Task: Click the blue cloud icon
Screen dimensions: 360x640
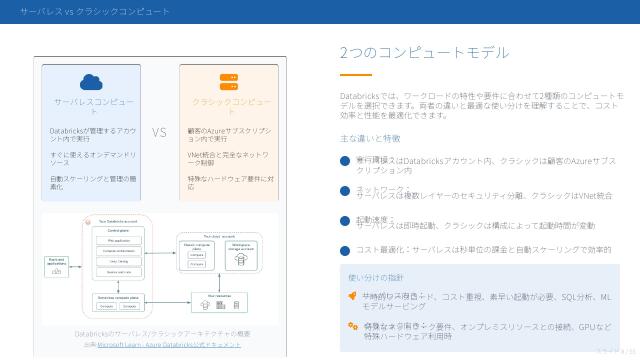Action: click(x=93, y=82)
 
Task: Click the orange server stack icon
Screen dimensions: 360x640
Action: click(x=229, y=82)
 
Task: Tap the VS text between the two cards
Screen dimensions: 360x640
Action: click(x=160, y=132)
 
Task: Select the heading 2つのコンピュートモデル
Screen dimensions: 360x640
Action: click(x=424, y=53)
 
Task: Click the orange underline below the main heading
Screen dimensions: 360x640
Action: click(x=355, y=75)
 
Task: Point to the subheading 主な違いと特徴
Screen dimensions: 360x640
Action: click(x=370, y=138)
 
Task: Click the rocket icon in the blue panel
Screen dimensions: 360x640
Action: click(x=352, y=296)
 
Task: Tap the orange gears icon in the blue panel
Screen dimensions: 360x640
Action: click(x=352, y=326)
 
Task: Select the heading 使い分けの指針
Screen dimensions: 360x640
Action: click(x=375, y=277)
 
